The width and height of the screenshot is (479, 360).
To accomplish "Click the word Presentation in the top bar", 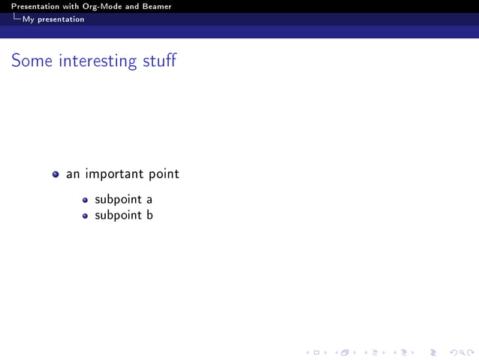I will coord(35,7).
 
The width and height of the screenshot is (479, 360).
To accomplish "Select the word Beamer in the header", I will coord(154,7).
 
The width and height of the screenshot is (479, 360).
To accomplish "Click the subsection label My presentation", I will coord(53,20).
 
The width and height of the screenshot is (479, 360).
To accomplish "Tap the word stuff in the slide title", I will coord(159,61).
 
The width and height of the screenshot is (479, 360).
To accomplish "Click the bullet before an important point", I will coord(56,174).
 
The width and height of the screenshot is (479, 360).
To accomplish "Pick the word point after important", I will coord(164,174).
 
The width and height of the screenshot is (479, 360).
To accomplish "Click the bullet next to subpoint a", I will coord(85,201).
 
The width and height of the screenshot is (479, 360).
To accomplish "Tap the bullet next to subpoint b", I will coord(85,216).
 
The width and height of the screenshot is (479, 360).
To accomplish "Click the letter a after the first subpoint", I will coord(149,200).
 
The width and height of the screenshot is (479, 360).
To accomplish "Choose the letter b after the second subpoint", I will coord(149,215).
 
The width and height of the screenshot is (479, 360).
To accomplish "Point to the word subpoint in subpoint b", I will coord(119,216).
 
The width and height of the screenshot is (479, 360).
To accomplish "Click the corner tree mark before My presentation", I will coord(17,19).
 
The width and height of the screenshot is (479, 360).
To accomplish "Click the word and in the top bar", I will coord(129,7).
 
